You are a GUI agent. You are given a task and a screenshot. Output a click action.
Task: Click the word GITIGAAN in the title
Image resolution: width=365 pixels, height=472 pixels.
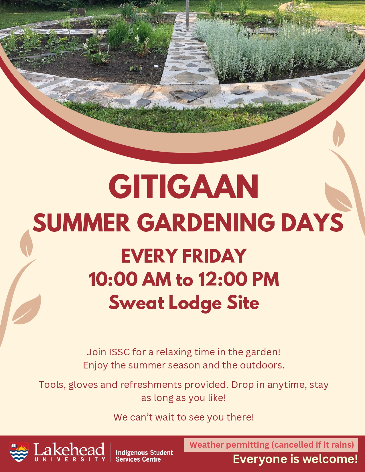tap(184, 187)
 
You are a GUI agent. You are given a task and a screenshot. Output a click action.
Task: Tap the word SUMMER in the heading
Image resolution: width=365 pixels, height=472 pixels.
tap(82, 223)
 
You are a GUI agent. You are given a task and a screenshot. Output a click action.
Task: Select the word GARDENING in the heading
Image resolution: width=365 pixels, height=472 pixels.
tap(206, 223)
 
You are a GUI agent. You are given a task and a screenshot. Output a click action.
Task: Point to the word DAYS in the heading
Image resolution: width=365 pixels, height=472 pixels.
tap(312, 223)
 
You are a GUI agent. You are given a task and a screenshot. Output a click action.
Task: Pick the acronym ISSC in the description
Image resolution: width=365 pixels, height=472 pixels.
tap(119, 352)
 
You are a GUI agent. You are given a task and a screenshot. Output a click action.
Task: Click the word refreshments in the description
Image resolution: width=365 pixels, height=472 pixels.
tap(151, 385)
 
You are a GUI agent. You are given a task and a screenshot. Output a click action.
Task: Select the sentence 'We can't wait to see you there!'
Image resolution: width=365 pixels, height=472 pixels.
tap(184, 417)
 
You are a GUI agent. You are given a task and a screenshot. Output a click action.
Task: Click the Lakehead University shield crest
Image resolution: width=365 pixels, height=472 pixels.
tap(19, 452)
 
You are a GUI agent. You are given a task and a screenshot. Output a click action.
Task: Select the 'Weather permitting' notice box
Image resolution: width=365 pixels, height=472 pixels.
tap(271, 445)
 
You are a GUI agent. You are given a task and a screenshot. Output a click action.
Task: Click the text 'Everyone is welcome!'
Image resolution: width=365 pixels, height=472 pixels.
tap(295, 459)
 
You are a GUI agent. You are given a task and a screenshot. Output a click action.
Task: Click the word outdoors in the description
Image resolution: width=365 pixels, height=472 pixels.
tap(262, 365)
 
